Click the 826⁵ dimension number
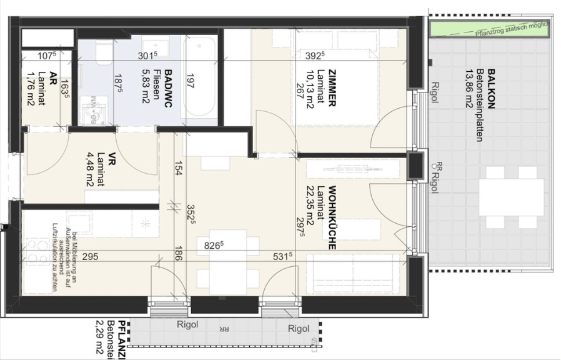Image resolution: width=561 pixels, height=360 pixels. point(214,246)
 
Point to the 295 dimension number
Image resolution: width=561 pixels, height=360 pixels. point(91,256)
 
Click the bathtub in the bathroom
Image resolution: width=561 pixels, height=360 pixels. point(199,78)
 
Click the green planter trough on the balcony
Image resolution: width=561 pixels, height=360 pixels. point(489,28)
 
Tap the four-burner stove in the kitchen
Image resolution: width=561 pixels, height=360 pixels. point(37,247)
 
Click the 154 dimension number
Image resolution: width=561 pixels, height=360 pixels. point(179,169)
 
